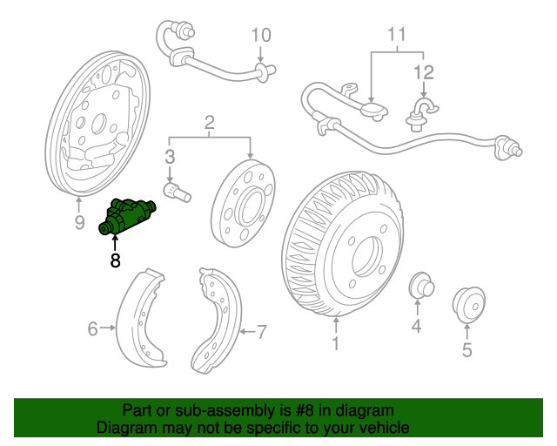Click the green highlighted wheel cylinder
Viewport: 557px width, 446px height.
(x=126, y=218)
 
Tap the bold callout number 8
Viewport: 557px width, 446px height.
(x=116, y=260)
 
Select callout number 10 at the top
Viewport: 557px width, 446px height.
(x=261, y=36)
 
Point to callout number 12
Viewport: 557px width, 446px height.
(x=423, y=71)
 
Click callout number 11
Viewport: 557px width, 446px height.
(x=397, y=36)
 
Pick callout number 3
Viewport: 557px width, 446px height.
(x=170, y=157)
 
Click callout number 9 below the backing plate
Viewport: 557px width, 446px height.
(x=79, y=224)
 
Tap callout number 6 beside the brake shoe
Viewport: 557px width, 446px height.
(x=92, y=328)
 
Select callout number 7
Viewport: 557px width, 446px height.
(x=261, y=331)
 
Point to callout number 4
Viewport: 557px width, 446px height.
(x=416, y=327)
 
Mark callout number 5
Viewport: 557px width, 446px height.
(x=466, y=351)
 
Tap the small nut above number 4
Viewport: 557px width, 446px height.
(x=420, y=286)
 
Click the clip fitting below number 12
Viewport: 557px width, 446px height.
(x=420, y=113)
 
